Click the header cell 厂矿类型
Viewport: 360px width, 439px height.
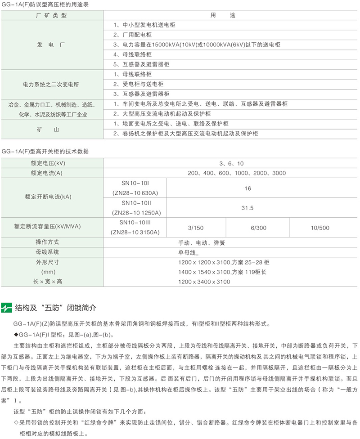(x=51, y=15)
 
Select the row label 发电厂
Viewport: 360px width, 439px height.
(x=51, y=45)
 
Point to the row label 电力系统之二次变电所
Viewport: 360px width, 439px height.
(x=51, y=84)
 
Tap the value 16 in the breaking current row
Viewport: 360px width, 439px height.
(x=247, y=188)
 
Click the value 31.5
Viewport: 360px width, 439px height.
(x=247, y=208)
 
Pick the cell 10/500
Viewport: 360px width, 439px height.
(x=320, y=228)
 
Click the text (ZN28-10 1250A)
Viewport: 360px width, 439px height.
(x=135, y=213)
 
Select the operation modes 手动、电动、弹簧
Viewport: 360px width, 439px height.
(x=202, y=242)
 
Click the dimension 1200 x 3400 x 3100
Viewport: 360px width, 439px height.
(x=204, y=282)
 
